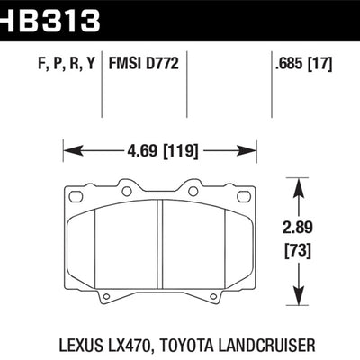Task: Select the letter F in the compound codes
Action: [x=20, y=64]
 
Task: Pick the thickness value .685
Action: [x=286, y=64]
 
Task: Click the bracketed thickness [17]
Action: [x=321, y=64]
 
